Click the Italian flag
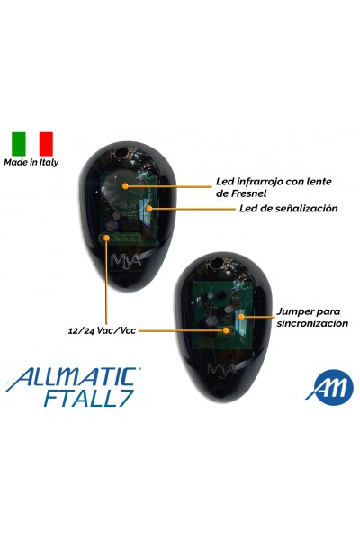point(32,144)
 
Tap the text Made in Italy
point(31,163)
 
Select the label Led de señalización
point(288,209)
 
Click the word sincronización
point(312,323)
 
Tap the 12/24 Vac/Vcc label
point(102,331)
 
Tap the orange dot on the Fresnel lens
point(125,186)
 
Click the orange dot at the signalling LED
point(149,208)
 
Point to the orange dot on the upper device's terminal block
point(107,238)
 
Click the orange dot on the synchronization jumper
point(241,317)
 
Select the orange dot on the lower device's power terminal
point(226,330)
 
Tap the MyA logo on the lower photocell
point(222,369)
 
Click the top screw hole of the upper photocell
point(121,152)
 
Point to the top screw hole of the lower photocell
point(216,263)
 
